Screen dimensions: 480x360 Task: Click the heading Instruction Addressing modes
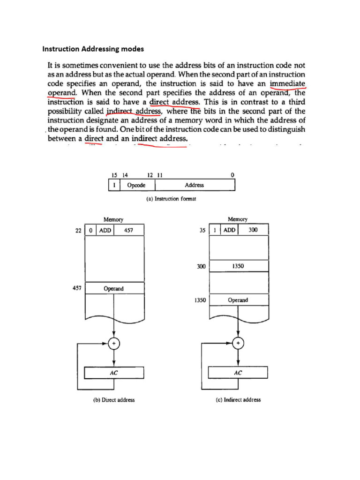coord(93,48)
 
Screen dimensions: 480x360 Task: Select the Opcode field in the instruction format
coord(136,185)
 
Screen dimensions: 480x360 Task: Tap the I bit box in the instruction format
coord(114,185)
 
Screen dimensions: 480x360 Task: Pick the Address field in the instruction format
coord(194,185)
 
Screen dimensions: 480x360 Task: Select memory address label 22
coord(78,231)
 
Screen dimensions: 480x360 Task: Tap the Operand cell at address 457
coord(113,289)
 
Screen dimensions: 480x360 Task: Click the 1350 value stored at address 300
coord(239,266)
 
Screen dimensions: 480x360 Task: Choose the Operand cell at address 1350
coord(238,300)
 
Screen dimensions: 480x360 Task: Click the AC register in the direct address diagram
coord(113,373)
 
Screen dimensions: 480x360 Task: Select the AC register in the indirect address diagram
coord(238,373)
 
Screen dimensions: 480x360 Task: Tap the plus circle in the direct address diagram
coord(113,344)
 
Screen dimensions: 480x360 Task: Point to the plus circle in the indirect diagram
coord(239,344)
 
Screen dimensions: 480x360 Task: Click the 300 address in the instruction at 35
coord(253,230)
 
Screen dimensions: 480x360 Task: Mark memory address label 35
coord(202,231)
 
